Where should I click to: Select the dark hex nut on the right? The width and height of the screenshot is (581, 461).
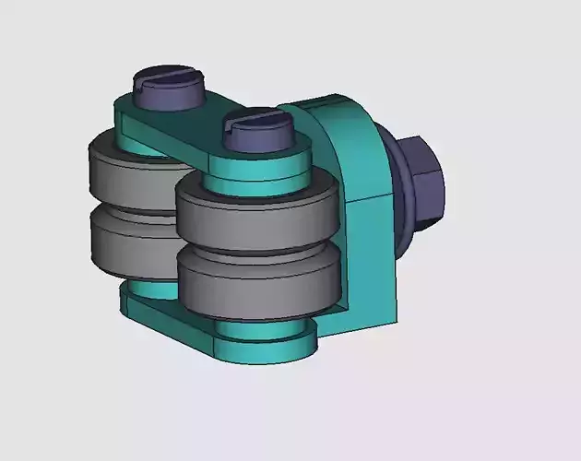click(x=423, y=184)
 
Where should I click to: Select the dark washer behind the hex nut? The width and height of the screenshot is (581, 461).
click(x=402, y=198)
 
